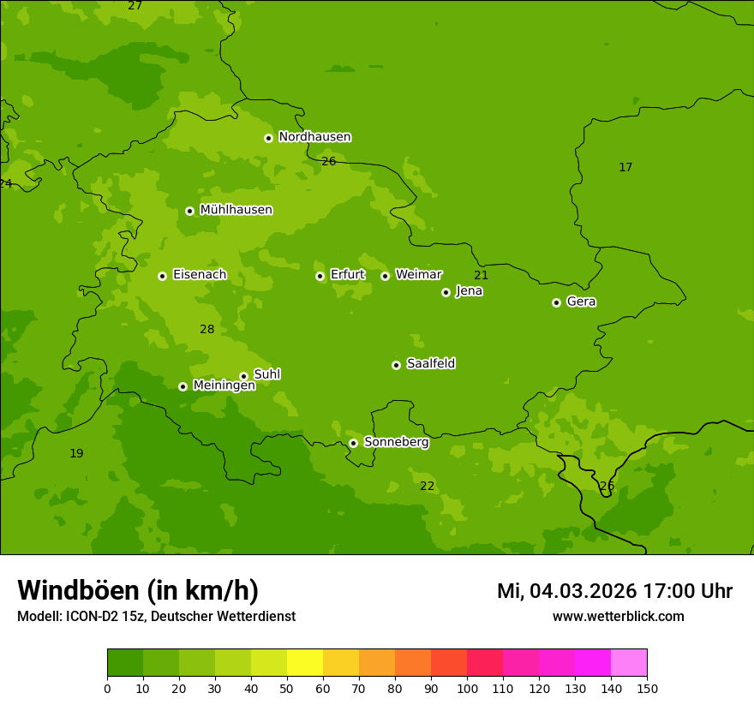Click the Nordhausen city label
point(314,137)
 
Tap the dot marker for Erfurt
point(320,276)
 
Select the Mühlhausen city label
point(236,210)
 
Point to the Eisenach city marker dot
point(162,276)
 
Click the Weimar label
point(418,275)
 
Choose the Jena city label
point(469,291)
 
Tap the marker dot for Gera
point(556,302)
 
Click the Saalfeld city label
point(430,364)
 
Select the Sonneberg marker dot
point(353,443)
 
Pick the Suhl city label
point(266,374)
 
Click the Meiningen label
point(224,385)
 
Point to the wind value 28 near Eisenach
point(207,329)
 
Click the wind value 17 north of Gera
point(625,167)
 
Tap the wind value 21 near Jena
point(481,275)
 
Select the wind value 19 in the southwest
point(76,453)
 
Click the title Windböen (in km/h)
point(138,590)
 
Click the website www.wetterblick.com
point(618,616)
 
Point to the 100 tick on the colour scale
point(467,688)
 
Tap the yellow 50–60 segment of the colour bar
point(305,663)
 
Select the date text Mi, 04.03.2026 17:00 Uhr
point(614,591)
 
